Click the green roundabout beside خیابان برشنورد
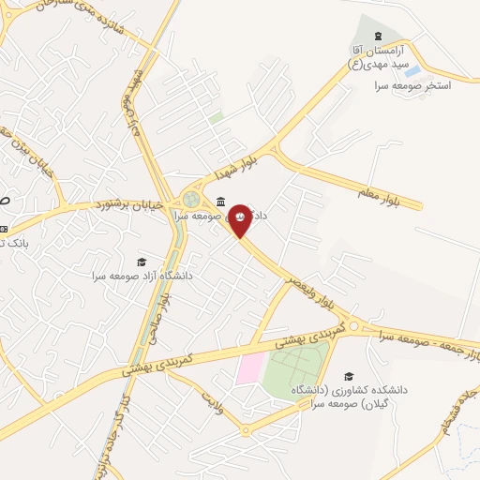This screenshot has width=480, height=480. (191, 200)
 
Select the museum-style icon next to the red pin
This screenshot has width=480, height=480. (219, 201)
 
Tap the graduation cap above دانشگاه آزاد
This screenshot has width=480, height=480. (142, 262)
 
